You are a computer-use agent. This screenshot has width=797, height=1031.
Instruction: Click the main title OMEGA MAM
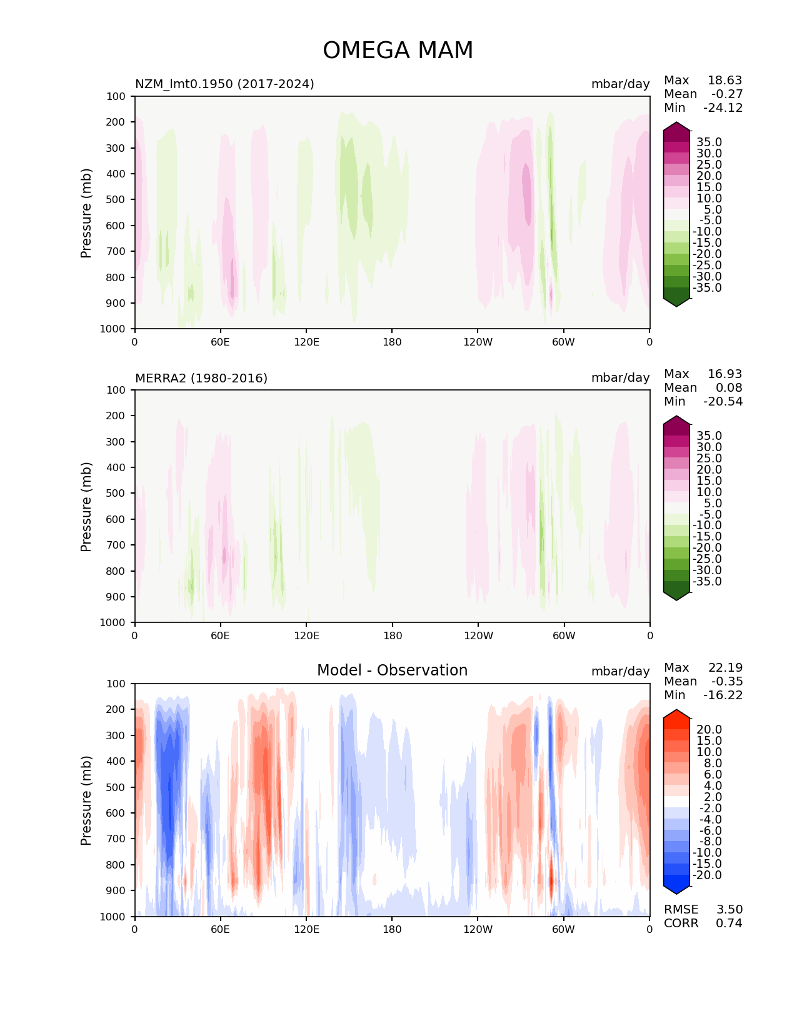[398, 51]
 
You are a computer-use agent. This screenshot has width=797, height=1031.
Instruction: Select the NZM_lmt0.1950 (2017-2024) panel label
[224, 84]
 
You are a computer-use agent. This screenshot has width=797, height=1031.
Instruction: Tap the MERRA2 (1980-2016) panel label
[201, 378]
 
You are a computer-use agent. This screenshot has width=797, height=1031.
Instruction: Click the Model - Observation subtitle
[392, 670]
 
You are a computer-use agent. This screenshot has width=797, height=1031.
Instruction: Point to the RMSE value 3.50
[729, 909]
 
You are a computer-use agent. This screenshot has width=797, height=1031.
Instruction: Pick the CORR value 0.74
[729, 923]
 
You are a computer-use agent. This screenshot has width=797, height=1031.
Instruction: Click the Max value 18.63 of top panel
[724, 80]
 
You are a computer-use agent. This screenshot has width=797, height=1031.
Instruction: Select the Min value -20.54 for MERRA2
[723, 401]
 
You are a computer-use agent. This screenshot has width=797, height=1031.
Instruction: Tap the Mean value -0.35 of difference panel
[726, 681]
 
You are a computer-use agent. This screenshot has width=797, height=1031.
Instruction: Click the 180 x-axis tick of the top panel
[392, 342]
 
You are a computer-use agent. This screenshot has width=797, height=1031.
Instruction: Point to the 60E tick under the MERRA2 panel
[220, 635]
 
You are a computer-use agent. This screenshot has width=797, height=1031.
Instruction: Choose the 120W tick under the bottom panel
[478, 929]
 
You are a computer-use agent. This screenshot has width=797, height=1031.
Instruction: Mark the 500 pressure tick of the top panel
[117, 199]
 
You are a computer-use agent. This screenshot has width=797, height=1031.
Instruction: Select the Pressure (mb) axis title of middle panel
[86, 506]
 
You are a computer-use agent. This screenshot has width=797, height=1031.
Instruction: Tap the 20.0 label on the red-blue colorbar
[709, 730]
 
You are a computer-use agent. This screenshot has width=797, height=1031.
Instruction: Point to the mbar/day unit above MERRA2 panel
[620, 378]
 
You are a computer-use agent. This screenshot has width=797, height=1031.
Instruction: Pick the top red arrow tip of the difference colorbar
[676, 713]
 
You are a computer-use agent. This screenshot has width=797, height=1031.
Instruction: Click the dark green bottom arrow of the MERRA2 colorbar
[676, 594]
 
